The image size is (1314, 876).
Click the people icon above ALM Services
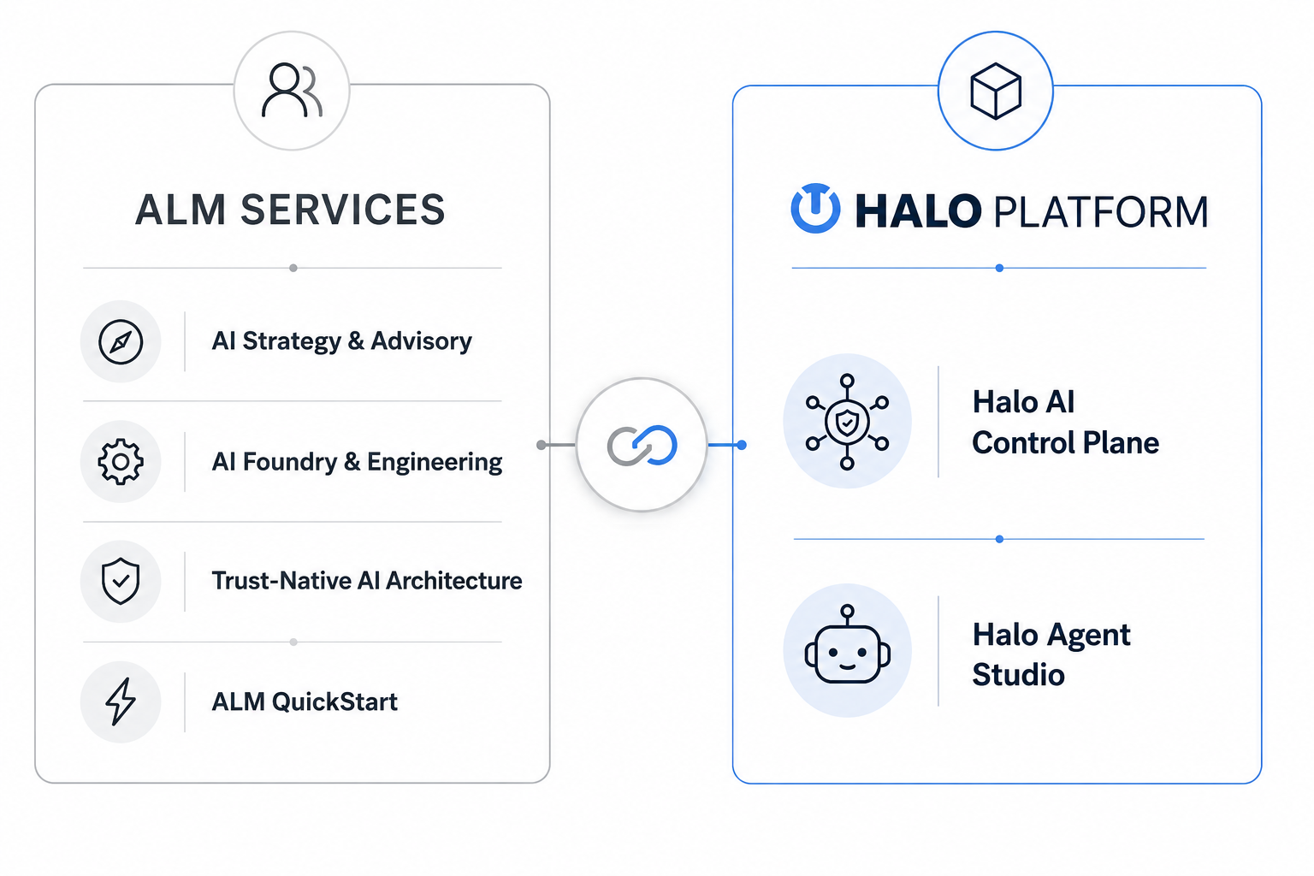292,91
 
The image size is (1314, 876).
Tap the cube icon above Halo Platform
996,92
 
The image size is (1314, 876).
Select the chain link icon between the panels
642,445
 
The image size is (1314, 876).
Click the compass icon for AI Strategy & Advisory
121,341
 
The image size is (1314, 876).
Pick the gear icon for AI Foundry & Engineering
121,462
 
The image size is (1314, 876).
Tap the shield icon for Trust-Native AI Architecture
121,581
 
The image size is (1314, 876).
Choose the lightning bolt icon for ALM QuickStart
121,701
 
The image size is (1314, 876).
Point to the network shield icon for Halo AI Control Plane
847,421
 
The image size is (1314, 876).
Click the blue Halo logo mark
815,209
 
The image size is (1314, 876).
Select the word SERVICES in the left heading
342,210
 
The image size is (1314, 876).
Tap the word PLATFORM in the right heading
1100,211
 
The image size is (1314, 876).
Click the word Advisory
421,340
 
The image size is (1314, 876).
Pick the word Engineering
435,462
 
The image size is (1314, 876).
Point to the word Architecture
454,581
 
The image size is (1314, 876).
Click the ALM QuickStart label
305,701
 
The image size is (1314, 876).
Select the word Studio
1018,675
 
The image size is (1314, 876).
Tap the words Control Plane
1065,442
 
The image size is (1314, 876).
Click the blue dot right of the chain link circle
742,446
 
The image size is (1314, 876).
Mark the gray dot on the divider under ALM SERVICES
293,268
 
